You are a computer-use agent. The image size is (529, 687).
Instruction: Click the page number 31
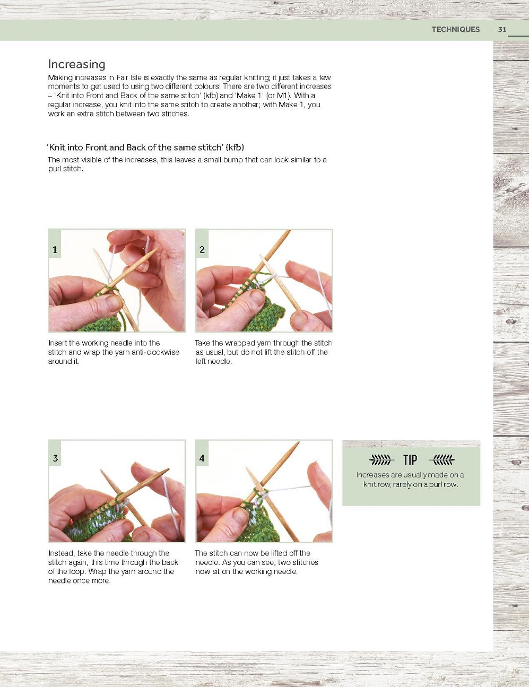(502, 29)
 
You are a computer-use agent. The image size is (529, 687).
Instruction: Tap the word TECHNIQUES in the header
(456, 29)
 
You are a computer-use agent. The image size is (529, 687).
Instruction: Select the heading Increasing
(76, 64)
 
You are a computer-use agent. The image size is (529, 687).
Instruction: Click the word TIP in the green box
(410, 460)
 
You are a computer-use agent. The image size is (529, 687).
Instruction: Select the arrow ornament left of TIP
(382, 460)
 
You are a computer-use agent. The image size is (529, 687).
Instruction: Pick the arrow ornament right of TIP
(442, 460)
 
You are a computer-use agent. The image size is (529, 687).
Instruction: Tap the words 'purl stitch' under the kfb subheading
(65, 169)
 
